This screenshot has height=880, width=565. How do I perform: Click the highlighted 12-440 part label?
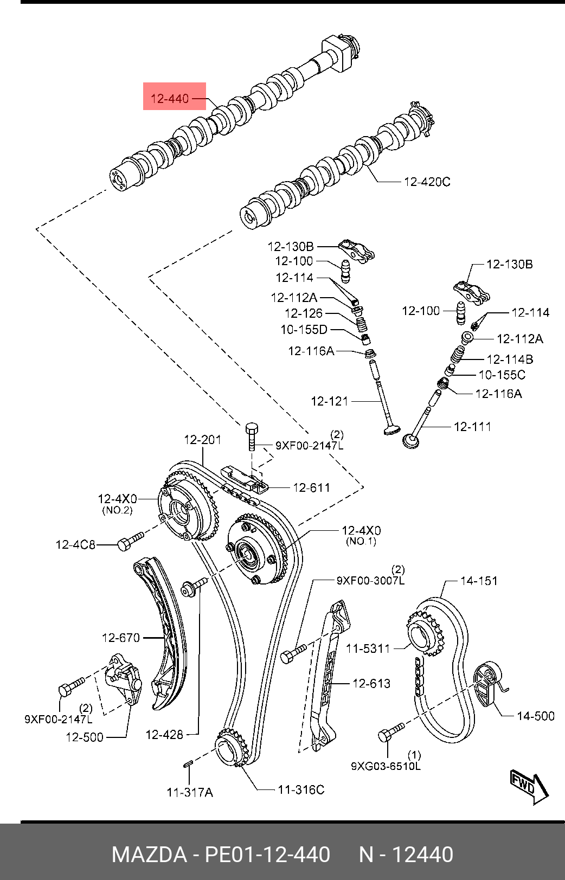[170, 99]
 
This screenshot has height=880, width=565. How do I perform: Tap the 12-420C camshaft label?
[427, 182]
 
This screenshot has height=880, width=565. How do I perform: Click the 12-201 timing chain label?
[202, 440]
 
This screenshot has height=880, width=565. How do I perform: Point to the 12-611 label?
[311, 488]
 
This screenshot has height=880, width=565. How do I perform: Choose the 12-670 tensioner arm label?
[121, 638]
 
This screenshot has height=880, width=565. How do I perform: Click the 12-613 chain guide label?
[371, 683]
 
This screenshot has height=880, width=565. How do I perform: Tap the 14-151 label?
[479, 581]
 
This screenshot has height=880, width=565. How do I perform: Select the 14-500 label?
[536, 716]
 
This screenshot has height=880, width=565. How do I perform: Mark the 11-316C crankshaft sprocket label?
[301, 789]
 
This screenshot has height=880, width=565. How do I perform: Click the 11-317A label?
[190, 792]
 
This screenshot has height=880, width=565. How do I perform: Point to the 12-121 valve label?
[330, 401]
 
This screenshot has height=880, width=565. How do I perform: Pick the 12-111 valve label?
[472, 427]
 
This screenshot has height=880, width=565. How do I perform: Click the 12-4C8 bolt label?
[75, 544]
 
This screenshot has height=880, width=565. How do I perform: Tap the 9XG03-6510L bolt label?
[386, 766]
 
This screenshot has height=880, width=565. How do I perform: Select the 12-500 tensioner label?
[85, 737]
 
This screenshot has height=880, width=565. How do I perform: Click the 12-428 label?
[164, 735]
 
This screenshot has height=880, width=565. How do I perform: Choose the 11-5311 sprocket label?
[368, 648]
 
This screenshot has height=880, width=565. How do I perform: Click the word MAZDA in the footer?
[149, 855]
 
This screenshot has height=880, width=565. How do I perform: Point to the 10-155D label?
[304, 329]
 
